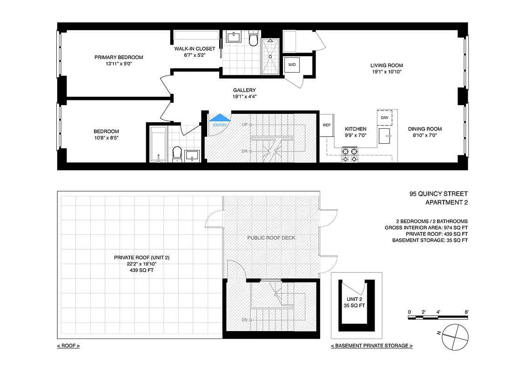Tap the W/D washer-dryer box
pos(292,65)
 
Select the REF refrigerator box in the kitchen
pos(326,125)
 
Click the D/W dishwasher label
pos(384,118)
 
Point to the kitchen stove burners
pos(350,155)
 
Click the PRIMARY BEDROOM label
pos(119,58)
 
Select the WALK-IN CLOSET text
pos(195,49)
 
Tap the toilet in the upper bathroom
pos(253,40)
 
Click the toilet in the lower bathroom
pos(177,153)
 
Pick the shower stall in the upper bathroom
pos(270,56)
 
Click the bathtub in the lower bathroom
pos(158,144)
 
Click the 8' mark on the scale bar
pos(466,312)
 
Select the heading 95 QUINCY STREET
pos(438,194)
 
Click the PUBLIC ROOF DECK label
pos(271,238)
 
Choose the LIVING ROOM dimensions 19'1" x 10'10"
pos(386,72)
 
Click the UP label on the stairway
pos(244,125)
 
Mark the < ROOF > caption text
pos(68,346)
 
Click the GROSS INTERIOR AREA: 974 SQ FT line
pos(426,228)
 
